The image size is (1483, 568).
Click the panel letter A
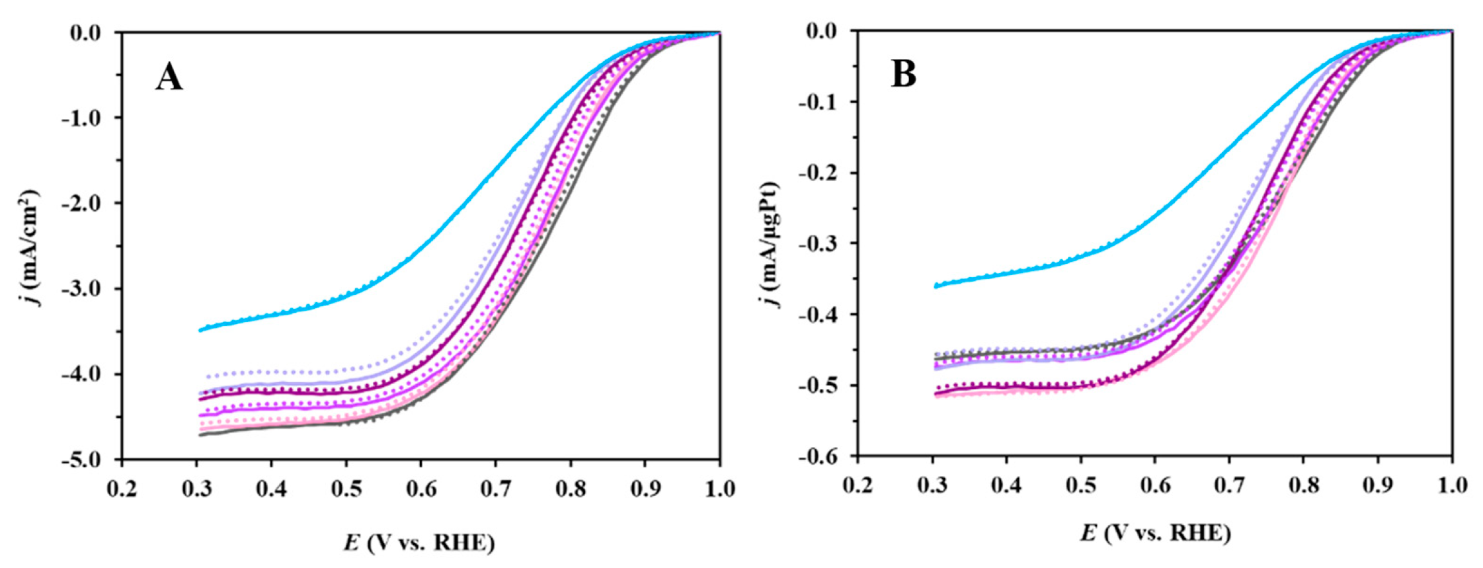pyautogui.click(x=169, y=79)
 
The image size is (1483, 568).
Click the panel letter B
pyautogui.click(x=904, y=75)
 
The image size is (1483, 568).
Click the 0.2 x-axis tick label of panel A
pyautogui.click(x=122, y=489)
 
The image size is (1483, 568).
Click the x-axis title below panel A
pyautogui.click(x=419, y=543)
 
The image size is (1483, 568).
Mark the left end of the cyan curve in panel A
pyautogui.click(x=200, y=329)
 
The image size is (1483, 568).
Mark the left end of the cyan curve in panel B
pyautogui.click(x=935, y=286)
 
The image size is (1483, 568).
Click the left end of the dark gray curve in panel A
pyautogui.click(x=200, y=434)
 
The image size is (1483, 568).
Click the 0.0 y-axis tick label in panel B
pyautogui.click(x=822, y=31)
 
